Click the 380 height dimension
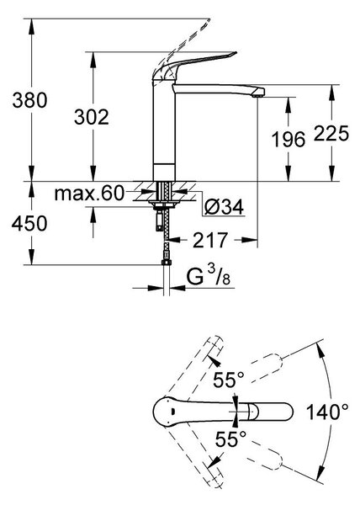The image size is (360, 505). point(29,100)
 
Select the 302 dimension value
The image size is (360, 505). point(92,117)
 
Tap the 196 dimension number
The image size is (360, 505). point(289,140)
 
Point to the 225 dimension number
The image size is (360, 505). point(331,133)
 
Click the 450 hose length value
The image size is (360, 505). point(29,223)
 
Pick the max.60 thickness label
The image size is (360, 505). point(89,194)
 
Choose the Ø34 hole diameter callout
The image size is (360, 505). point(224,206)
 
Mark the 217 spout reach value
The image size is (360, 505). point(210,240)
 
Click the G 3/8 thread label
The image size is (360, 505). point(209,276)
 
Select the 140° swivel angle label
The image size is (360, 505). point(327,412)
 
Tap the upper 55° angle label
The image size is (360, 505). point(229,380)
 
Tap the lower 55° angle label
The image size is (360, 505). point(230,439)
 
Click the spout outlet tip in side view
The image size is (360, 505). point(258,93)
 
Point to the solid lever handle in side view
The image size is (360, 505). point(193,65)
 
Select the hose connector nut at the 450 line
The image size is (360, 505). point(166,263)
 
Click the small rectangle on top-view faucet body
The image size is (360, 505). point(172,412)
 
